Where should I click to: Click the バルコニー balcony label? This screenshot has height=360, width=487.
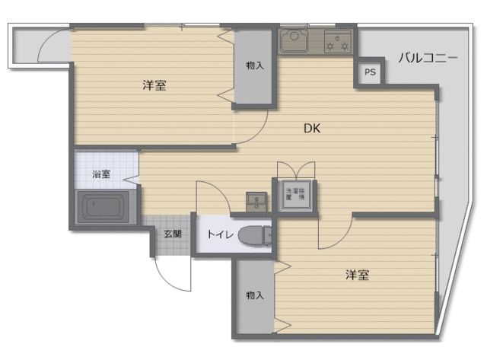click(427, 58)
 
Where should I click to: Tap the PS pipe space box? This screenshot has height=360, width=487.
click(370, 73)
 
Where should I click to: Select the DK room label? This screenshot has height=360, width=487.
click(312, 129)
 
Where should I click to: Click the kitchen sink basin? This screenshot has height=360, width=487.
click(293, 40)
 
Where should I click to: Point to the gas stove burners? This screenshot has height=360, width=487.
click(338, 41)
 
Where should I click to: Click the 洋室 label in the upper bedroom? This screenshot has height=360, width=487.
click(154, 85)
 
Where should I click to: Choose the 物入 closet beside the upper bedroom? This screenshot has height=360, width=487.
click(255, 66)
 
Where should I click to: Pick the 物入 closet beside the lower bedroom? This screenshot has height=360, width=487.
click(254, 295)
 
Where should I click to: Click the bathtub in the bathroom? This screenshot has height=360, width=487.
click(105, 209)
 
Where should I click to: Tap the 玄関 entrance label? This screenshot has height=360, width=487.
click(172, 234)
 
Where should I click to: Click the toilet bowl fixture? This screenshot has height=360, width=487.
click(253, 237)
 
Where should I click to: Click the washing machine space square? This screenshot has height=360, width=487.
click(294, 194)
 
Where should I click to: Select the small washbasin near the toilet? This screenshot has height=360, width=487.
click(257, 201)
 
